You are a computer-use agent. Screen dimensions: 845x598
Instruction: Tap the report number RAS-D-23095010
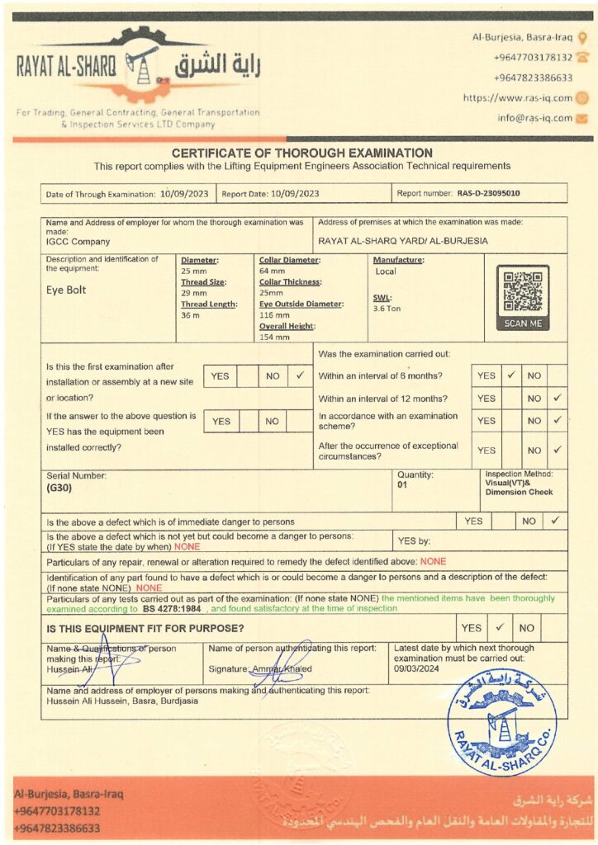tap(489, 193)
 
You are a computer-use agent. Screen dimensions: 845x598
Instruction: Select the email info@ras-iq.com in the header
tap(534, 118)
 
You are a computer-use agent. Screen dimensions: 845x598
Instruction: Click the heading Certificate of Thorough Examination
tap(301, 153)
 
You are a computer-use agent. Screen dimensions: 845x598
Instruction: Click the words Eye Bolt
tap(66, 290)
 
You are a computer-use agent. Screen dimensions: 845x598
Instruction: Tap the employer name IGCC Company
tap(78, 241)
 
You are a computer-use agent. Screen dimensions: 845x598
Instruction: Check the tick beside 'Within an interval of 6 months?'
tap(511, 375)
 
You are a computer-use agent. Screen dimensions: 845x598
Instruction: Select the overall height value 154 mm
tap(276, 337)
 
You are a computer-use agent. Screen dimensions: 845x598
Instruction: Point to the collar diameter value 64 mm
tap(272, 271)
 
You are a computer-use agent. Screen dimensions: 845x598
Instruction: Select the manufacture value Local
tap(386, 271)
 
